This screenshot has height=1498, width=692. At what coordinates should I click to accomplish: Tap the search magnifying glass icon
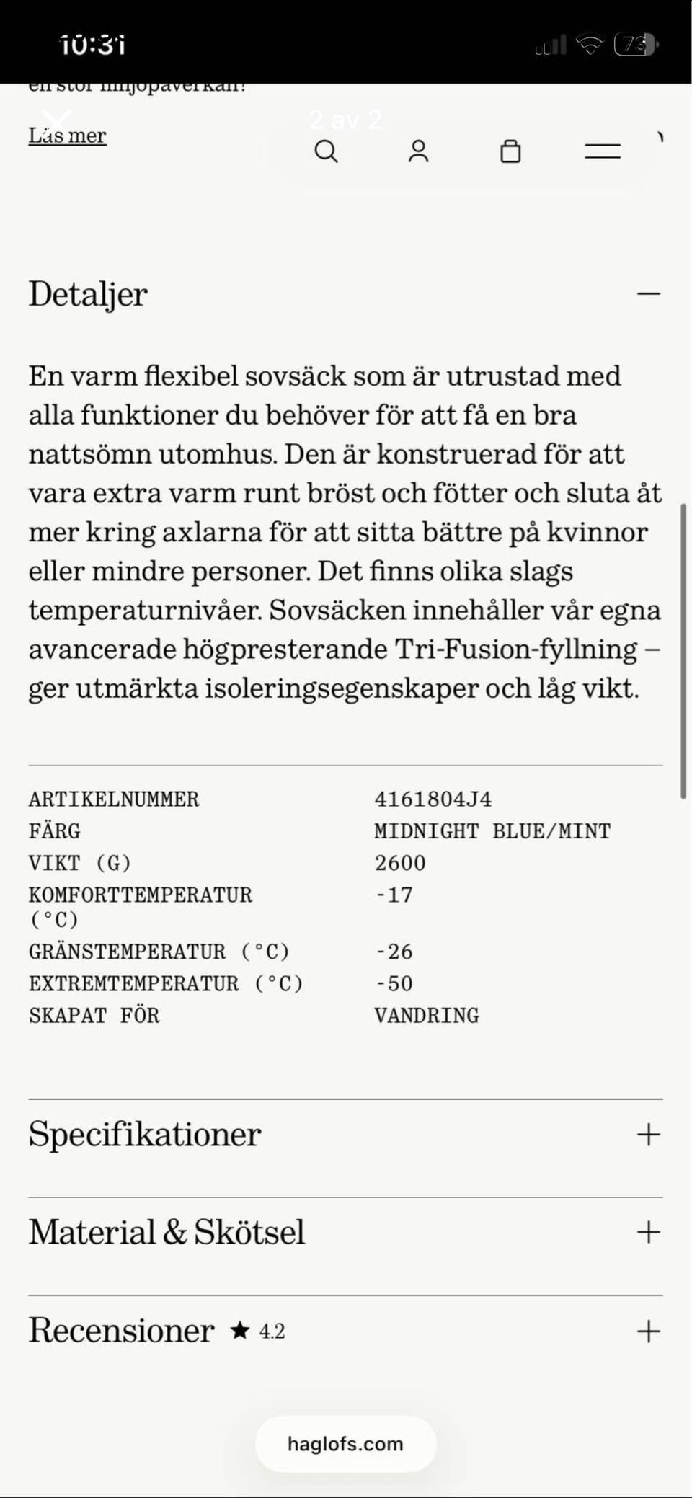tap(326, 151)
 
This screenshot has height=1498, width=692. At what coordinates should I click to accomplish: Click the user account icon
tap(418, 151)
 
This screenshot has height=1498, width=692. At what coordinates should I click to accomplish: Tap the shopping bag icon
tap(510, 151)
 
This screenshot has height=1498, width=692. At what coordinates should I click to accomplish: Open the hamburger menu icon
tap(603, 151)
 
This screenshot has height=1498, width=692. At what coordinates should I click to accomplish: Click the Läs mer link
tap(67, 136)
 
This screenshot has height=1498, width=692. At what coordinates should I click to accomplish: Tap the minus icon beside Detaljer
tap(648, 294)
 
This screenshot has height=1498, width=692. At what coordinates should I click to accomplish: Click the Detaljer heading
tap(88, 294)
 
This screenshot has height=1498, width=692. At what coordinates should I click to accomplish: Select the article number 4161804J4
tap(432, 799)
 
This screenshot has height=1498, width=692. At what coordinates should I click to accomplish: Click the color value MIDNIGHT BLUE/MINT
tap(492, 831)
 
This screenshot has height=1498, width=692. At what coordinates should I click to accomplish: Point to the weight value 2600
tap(400, 863)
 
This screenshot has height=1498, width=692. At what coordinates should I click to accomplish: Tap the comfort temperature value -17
tap(394, 895)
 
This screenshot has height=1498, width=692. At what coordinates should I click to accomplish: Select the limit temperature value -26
tap(394, 952)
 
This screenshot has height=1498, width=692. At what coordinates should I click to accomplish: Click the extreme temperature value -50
tap(394, 984)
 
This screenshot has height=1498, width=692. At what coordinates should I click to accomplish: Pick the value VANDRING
tap(427, 1016)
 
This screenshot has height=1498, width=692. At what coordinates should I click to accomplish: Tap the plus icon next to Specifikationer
tap(648, 1135)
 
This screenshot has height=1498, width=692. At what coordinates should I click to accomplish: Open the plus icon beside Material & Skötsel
tap(648, 1232)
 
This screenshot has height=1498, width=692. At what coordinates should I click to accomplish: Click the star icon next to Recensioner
tap(239, 1331)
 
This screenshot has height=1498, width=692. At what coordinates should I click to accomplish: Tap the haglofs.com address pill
tap(345, 1444)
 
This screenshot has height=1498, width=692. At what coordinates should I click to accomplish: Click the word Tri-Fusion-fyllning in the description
tap(515, 650)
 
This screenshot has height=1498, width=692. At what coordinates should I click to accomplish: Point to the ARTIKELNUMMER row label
tap(114, 799)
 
